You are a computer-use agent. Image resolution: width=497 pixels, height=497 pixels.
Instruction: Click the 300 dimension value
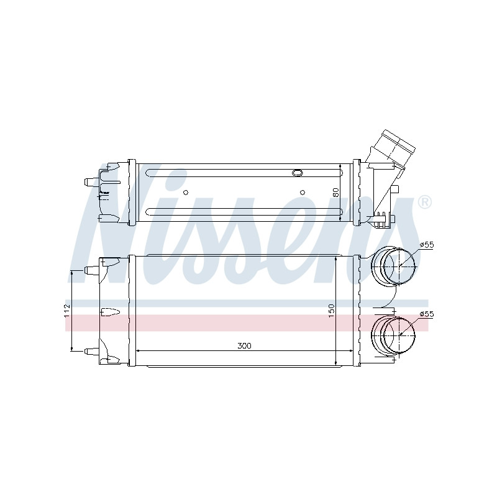point(244,346)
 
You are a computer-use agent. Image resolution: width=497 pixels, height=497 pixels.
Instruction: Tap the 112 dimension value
point(67,311)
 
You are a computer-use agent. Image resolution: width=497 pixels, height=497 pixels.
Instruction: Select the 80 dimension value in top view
point(336,192)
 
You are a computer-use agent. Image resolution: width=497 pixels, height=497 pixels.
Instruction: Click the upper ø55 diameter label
point(426,245)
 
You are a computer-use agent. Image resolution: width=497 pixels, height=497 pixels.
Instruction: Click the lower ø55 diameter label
point(426,314)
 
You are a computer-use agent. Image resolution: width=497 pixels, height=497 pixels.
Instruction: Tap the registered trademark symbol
point(425,203)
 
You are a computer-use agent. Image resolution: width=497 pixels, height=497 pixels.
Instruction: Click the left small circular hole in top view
point(186,193)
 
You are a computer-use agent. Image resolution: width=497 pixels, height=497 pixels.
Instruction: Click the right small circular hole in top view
point(303,193)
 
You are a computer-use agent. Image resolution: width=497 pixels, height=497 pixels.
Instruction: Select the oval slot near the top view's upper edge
point(298,173)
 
